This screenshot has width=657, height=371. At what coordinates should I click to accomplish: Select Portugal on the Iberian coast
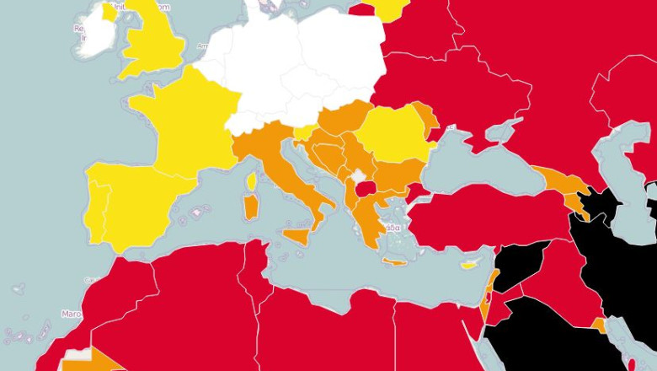coord(97,211)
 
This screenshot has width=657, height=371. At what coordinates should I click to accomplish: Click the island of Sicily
coord(297,235)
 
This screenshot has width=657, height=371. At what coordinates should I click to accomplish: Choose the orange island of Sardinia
coord(250,207)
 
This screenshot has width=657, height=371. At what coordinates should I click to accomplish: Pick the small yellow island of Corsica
coord(252,181)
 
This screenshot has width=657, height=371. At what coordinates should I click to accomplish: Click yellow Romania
coord(392,135)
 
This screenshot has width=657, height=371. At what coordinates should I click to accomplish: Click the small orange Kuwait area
coord(598,324)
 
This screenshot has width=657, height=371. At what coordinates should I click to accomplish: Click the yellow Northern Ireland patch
coord(109,12)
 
